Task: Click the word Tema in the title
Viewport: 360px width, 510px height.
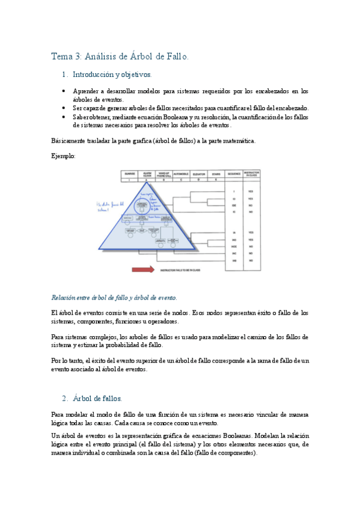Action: coord(61,57)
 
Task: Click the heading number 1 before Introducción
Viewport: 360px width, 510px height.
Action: coord(64,76)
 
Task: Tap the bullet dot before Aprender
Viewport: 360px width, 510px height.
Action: coord(64,91)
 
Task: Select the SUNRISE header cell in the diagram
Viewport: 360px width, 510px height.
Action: coord(129,174)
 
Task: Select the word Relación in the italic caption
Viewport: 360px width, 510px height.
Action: coord(64,298)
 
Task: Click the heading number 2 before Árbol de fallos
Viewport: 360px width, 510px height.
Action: coord(64,398)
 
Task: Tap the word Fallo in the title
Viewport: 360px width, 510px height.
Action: coord(175,57)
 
